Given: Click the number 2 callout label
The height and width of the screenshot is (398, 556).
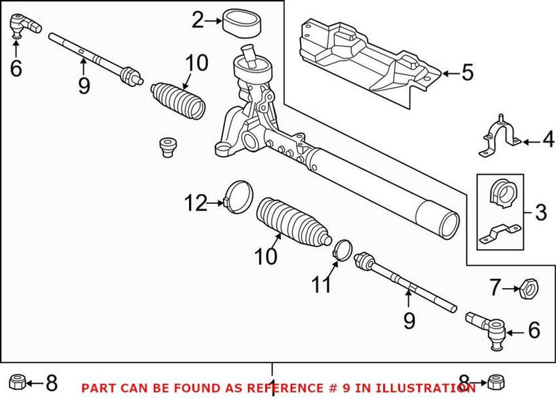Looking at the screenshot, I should pyautogui.click(x=198, y=21).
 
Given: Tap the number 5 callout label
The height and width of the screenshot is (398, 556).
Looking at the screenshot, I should pyautogui.click(x=467, y=72).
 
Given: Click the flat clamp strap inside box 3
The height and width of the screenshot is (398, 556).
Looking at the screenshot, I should pyautogui.click(x=501, y=232).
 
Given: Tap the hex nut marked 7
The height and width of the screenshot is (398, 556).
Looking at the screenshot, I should pyautogui.click(x=528, y=286).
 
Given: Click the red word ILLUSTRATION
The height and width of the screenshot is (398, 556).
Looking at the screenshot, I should pyautogui.click(x=402, y=388).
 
